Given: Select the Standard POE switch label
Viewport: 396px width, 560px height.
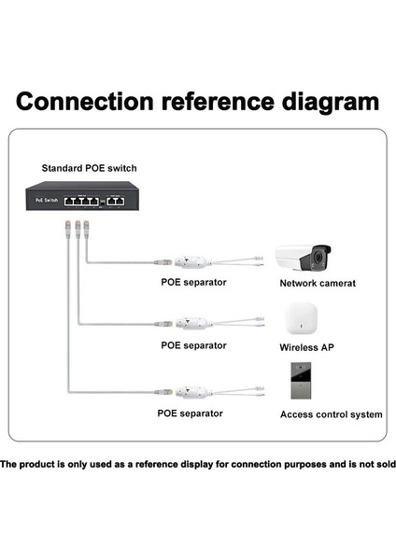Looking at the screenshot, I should point(89,168).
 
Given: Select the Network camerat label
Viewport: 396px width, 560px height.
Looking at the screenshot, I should point(318,282).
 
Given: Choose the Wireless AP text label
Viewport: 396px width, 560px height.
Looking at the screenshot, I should point(306,347).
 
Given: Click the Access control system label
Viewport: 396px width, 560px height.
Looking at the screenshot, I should point(332,413).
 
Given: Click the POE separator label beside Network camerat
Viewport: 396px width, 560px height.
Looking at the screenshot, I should point(193,282).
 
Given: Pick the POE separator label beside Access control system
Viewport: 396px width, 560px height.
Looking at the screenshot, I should point(190,413).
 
